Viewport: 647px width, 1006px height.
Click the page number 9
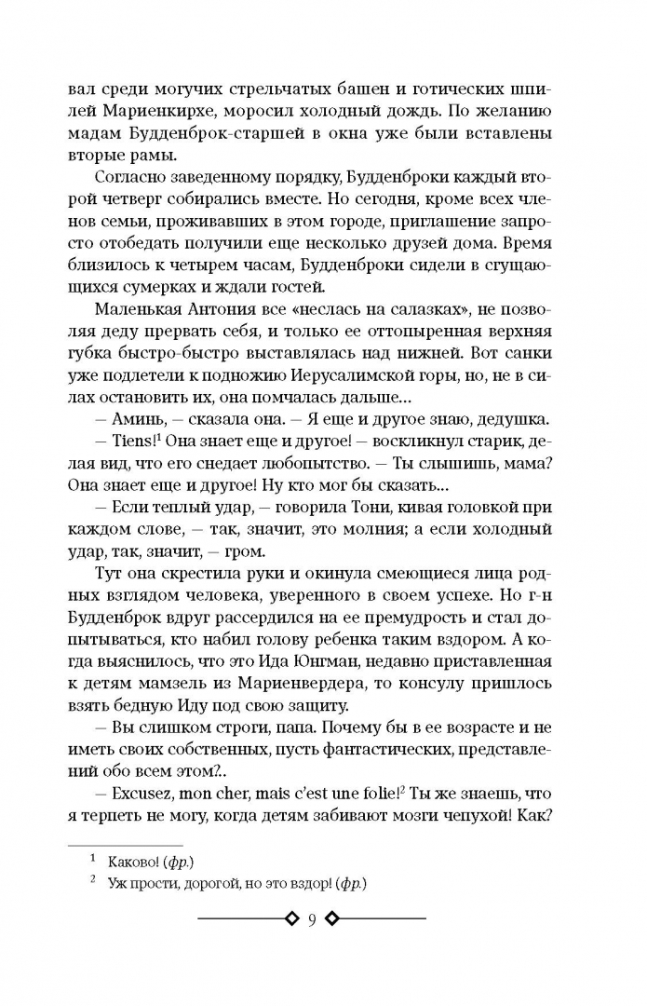click(x=313, y=919)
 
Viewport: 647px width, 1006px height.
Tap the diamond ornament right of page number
click(x=335, y=919)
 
